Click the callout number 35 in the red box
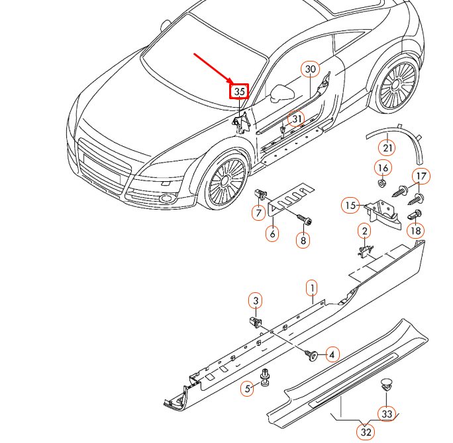(x=239, y=92)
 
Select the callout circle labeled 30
(x=311, y=69)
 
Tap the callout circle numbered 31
(x=297, y=119)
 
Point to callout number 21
(x=387, y=147)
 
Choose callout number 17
(x=422, y=176)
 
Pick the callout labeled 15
(x=350, y=206)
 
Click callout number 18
(x=415, y=231)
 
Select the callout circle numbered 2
(x=364, y=231)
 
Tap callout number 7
(x=257, y=213)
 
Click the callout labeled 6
(x=272, y=233)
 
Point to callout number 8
(x=303, y=241)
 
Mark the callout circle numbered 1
(x=311, y=288)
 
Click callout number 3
(x=256, y=302)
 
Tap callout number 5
(x=248, y=389)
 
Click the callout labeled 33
(x=386, y=413)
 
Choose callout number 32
(x=365, y=432)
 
